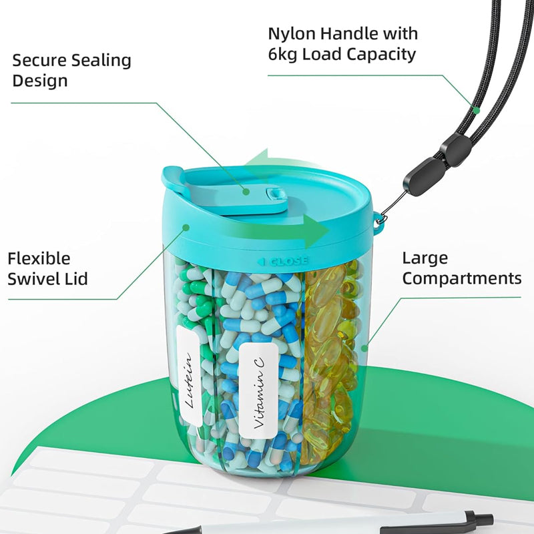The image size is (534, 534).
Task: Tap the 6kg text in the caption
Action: (282, 54)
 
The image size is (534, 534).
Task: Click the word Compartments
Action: (462, 279)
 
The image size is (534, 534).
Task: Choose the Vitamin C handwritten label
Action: (259, 391)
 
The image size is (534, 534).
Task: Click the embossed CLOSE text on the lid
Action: (286, 262)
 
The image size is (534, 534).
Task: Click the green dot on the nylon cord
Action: (477, 110)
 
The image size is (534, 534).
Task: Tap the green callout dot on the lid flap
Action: (246, 192)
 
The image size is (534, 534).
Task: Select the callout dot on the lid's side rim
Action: (186, 227)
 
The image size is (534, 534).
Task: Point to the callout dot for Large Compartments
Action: (364, 348)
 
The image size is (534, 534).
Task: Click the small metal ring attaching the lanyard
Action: (381, 218)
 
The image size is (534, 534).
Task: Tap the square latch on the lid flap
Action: (274, 194)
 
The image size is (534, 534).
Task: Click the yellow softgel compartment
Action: (330, 361)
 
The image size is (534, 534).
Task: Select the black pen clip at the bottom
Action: (436, 524)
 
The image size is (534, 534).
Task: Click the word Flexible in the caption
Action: (39, 258)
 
